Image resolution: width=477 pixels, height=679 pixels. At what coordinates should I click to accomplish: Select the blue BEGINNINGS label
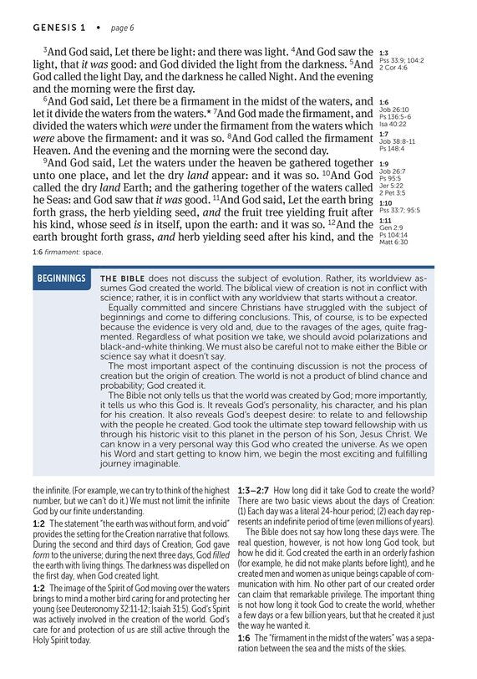click(61, 278)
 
